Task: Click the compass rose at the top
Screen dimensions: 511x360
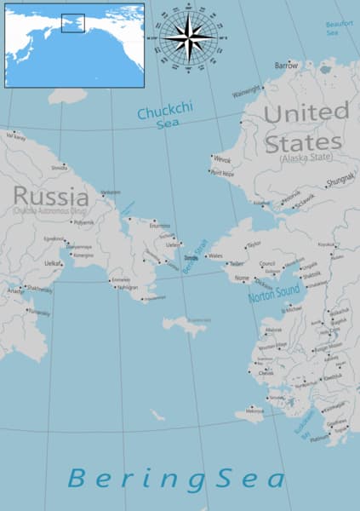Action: click(190, 37)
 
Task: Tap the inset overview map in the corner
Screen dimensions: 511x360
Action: click(74, 45)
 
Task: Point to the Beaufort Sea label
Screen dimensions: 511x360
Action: click(338, 28)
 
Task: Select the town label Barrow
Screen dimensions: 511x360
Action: click(287, 65)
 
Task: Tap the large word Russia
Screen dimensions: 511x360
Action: click(51, 197)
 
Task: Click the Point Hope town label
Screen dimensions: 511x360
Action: click(222, 174)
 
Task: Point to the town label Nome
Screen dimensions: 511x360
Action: click(243, 278)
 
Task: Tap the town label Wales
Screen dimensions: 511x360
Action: click(215, 256)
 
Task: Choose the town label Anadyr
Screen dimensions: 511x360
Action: click(16, 292)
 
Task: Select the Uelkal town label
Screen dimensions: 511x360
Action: click(53, 263)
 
